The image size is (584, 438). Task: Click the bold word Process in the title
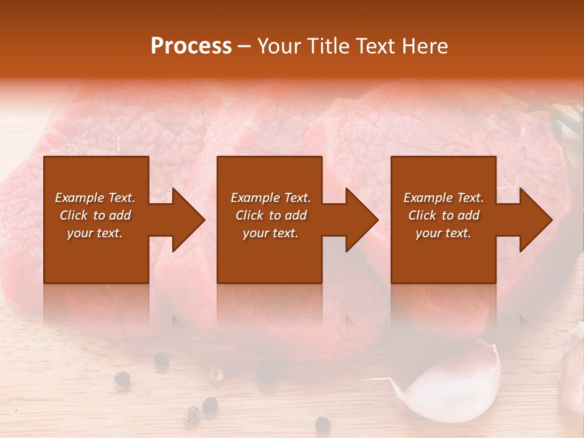(x=191, y=46)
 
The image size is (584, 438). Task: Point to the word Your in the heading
(x=280, y=46)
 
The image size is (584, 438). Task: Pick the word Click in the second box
(x=250, y=215)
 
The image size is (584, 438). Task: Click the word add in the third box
(x=468, y=215)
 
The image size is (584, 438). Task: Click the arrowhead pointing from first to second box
(x=189, y=220)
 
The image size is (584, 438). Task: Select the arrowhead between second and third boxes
(x=362, y=220)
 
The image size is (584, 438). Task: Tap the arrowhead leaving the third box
(x=536, y=220)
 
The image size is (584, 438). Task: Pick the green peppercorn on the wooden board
(x=192, y=415)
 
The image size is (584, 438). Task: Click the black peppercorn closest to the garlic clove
(x=322, y=424)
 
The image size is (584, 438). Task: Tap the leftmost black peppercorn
(x=122, y=378)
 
